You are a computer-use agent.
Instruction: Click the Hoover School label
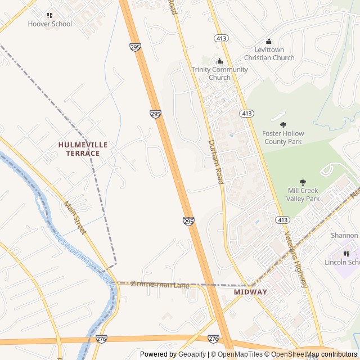50,24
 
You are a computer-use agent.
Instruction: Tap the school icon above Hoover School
50,16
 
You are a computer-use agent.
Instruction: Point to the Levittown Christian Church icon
269,42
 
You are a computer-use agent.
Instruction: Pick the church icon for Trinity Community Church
219,61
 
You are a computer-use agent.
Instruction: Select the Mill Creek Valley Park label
303,195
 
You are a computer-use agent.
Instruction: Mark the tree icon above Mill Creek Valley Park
303,182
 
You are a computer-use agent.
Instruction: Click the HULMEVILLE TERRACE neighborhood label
83,149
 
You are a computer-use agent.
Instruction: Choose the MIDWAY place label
250,292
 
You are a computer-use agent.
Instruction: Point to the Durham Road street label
216,162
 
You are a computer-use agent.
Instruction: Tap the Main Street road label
75,218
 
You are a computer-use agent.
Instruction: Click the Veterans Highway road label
296,259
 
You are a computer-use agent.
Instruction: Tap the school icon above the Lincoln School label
346,254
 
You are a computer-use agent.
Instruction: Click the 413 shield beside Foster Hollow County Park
246,114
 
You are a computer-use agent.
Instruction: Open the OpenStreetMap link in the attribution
290,354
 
